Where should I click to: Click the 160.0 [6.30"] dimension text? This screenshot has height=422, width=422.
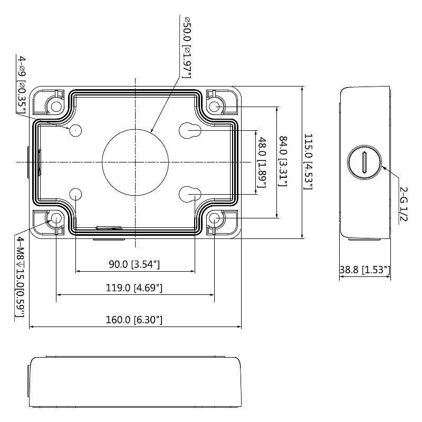pyautogui.click(x=135, y=320)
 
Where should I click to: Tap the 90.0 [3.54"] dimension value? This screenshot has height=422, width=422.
pyautogui.click(x=134, y=264)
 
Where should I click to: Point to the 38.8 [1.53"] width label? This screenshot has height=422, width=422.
pyautogui.click(x=365, y=270)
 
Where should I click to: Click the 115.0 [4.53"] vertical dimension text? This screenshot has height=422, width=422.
pyautogui.click(x=308, y=161)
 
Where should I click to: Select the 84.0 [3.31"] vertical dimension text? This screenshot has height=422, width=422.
pyautogui.click(x=283, y=161)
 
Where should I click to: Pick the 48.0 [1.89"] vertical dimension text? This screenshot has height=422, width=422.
pyautogui.click(x=260, y=161)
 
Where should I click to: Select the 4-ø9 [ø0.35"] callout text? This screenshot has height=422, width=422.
pyautogui.click(x=22, y=82)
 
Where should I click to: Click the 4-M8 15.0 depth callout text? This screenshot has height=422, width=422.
pyautogui.click(x=21, y=277)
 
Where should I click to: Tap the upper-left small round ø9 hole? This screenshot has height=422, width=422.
pyautogui.click(x=76, y=129)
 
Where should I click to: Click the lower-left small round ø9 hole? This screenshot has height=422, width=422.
pyautogui.click(x=76, y=194)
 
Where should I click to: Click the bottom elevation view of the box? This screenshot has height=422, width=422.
pyautogui.click(x=135, y=379)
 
